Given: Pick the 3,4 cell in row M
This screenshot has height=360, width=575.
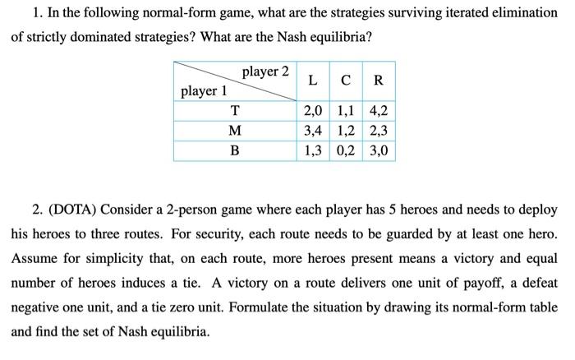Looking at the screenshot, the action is pyautogui.click(x=313, y=132).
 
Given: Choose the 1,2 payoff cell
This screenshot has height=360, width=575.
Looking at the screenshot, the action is pyautogui.click(x=345, y=132).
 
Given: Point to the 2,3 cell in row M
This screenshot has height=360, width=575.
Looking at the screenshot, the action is pyautogui.click(x=378, y=132).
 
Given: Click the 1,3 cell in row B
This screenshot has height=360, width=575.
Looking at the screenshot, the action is pyautogui.click(x=313, y=151).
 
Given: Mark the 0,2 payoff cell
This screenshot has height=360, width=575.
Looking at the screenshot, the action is pyautogui.click(x=345, y=151).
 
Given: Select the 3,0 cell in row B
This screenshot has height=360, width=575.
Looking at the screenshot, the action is pyautogui.click(x=378, y=151).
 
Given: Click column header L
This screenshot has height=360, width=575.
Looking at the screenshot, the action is pyautogui.click(x=314, y=81).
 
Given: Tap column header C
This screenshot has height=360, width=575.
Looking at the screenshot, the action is pyautogui.click(x=346, y=81).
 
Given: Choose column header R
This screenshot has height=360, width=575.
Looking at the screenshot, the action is pyautogui.click(x=378, y=81).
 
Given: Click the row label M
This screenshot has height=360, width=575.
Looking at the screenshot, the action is pyautogui.click(x=235, y=132).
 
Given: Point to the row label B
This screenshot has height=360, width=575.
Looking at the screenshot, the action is pyautogui.click(x=235, y=151).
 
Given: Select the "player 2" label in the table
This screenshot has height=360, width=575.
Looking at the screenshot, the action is pyautogui.click(x=264, y=72).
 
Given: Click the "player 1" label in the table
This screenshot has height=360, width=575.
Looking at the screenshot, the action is pyautogui.click(x=204, y=91).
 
